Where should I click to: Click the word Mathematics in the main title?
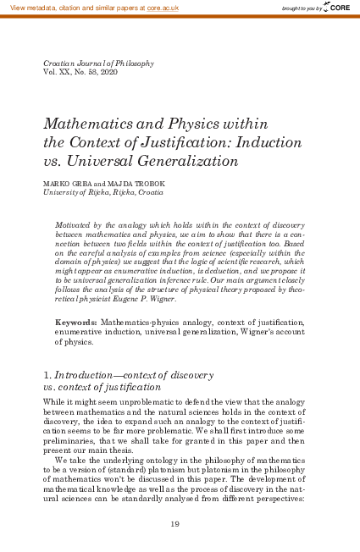pyautogui.click(x=87, y=123)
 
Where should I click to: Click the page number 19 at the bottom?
pyautogui.click(x=175, y=525)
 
